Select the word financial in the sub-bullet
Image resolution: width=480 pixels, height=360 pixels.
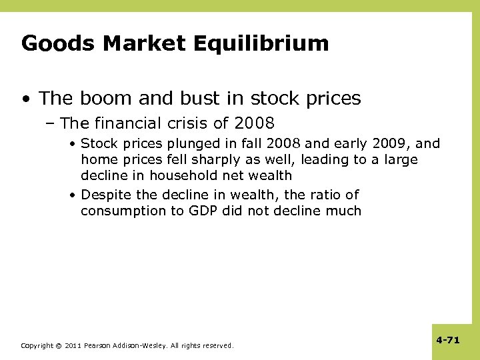pyautogui.click(x=127, y=123)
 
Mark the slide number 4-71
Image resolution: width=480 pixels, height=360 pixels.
pyautogui.click(x=448, y=340)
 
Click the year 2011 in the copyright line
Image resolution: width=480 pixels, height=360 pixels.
pyautogui.click(x=74, y=346)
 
